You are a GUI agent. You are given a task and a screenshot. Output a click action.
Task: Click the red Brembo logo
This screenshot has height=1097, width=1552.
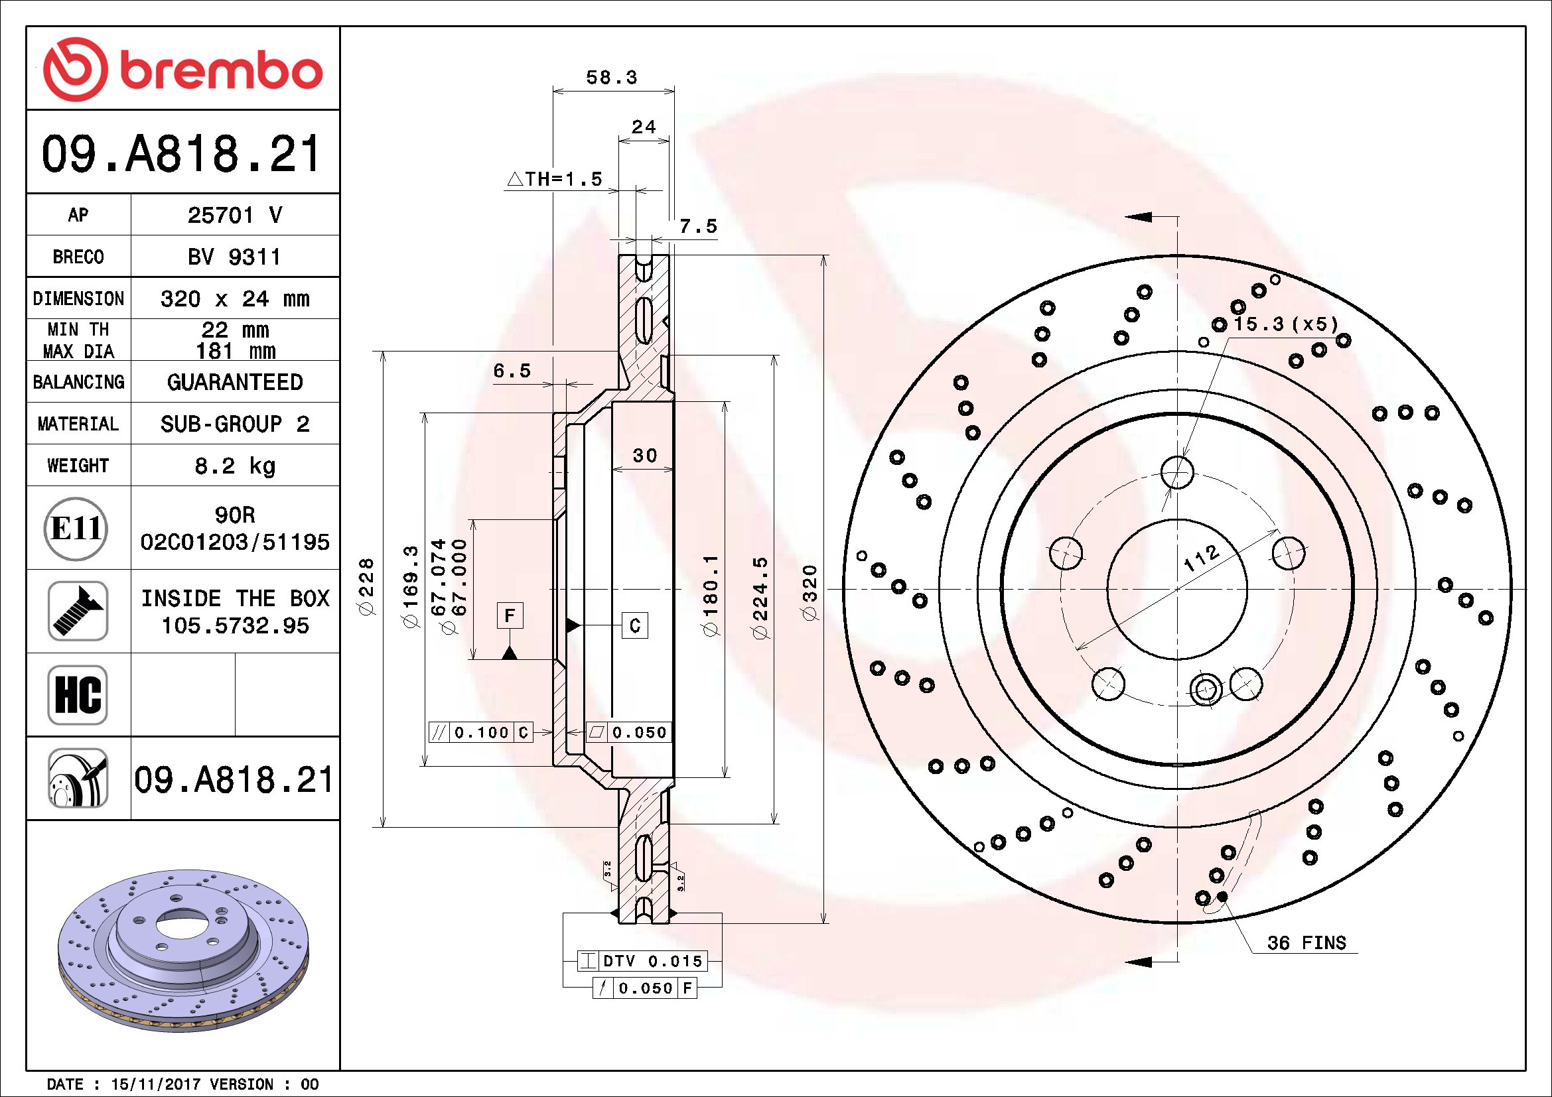[x=182, y=69]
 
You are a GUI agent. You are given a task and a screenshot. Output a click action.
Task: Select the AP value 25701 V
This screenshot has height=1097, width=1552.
[x=234, y=215]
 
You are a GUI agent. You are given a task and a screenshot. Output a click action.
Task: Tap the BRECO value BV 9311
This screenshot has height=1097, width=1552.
[x=234, y=257]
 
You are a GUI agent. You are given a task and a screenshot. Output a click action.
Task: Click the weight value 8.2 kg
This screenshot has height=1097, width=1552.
[x=234, y=466]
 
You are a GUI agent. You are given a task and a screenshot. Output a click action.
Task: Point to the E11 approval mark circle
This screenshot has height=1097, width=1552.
[x=76, y=528]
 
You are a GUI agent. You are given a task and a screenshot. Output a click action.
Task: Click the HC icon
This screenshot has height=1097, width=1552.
[x=78, y=694]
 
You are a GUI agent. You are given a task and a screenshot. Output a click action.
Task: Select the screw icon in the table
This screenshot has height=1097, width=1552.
[x=78, y=611]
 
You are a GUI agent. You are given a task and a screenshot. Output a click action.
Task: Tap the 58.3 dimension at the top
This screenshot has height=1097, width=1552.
[x=612, y=78]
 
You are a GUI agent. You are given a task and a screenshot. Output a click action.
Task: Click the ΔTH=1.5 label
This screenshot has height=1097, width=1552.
[x=554, y=179]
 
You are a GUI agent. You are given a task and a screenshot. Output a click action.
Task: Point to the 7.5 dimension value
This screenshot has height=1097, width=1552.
[x=698, y=226]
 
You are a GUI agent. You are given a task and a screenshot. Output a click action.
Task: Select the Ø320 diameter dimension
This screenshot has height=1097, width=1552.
[x=809, y=592]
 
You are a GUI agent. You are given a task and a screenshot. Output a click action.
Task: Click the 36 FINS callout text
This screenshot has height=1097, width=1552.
[x=1306, y=942]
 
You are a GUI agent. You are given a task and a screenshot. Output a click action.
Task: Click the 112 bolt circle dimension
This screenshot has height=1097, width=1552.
[x=1202, y=558]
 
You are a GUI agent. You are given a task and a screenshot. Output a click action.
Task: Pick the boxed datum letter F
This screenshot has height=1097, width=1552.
[x=510, y=615]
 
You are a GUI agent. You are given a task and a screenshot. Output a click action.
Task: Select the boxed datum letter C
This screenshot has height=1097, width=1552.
[x=635, y=625]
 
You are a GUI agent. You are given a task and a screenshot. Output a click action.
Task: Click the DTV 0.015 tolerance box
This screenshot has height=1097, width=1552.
[x=642, y=960]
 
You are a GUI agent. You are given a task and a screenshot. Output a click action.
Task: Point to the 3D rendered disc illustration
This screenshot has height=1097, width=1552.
[x=183, y=951]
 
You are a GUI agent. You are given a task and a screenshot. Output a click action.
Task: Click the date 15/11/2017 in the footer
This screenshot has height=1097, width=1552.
[x=155, y=1084]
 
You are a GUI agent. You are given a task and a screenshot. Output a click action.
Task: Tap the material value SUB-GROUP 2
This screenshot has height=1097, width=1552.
[x=234, y=424]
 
